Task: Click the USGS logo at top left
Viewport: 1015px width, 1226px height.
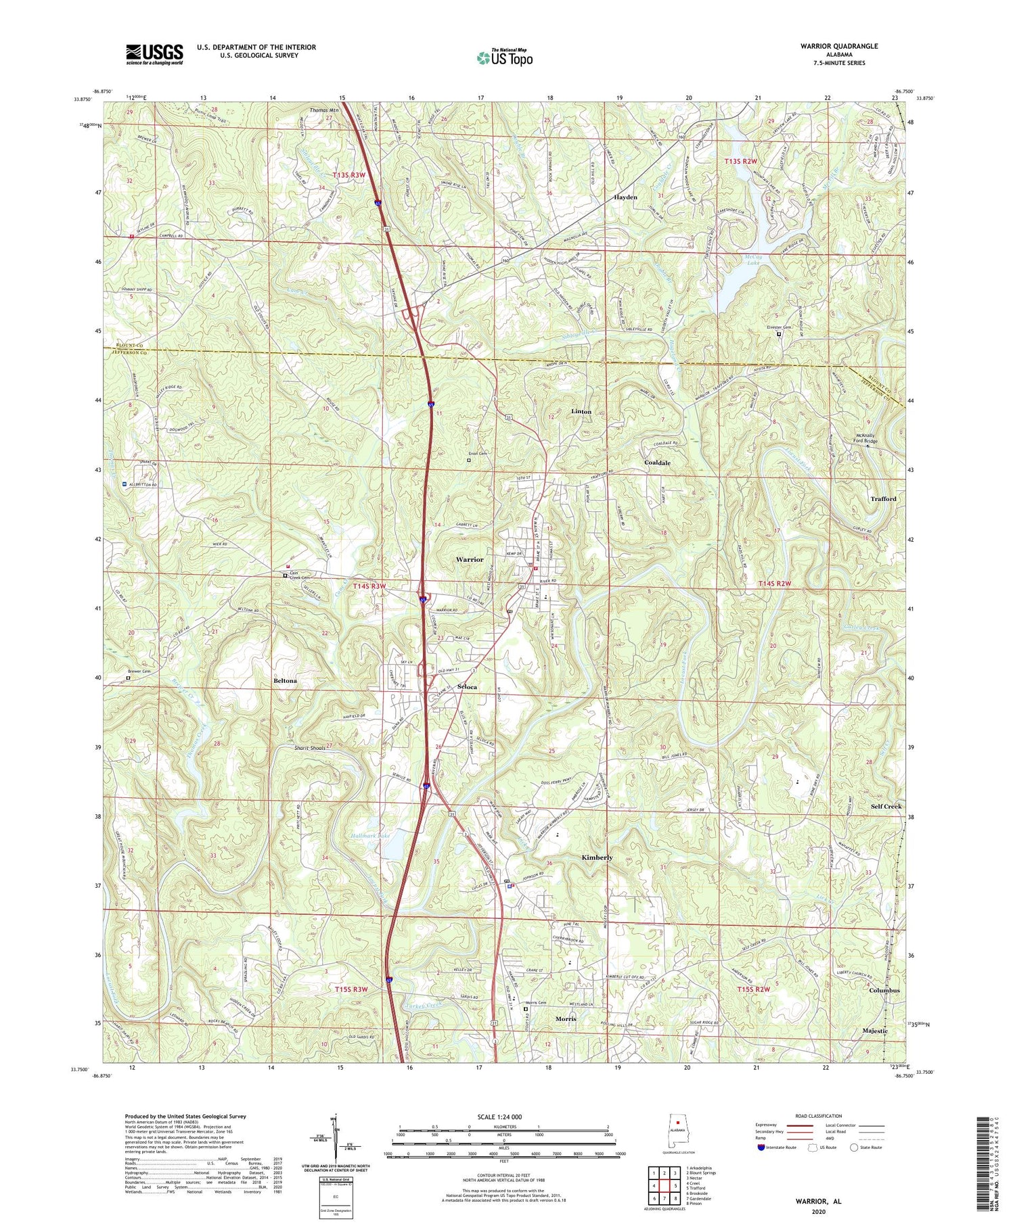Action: coord(154,54)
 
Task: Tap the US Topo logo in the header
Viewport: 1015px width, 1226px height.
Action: coord(505,57)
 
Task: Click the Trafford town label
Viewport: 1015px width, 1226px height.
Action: coord(883,498)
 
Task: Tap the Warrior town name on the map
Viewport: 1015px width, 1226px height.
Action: coord(470,560)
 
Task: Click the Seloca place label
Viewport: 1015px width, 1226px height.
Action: coord(467,687)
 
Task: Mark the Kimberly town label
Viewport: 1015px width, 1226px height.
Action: coord(597,857)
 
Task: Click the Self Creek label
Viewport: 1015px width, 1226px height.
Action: coord(886,807)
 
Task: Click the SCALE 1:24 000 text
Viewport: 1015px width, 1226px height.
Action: coord(503,1116)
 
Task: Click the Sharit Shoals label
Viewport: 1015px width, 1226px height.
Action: coord(310,749)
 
